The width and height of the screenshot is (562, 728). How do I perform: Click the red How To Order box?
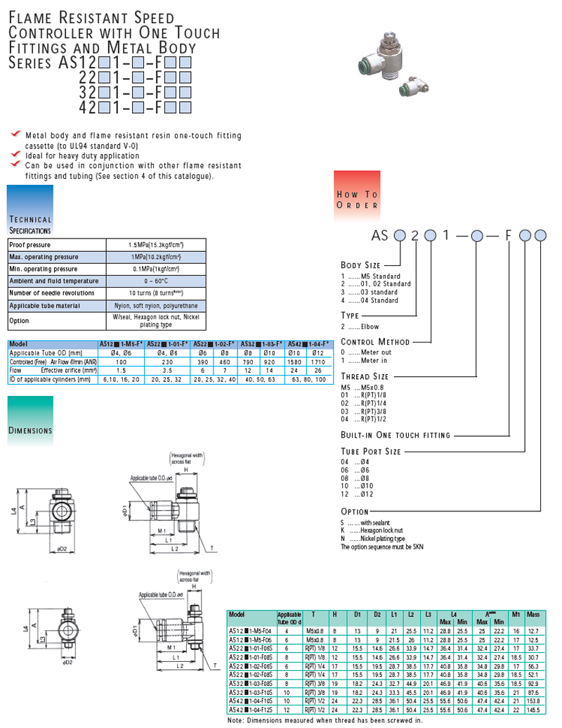[x=357, y=191]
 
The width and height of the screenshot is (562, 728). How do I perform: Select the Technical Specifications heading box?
[x=30, y=210]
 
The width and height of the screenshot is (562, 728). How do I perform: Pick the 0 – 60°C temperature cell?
[x=156, y=281]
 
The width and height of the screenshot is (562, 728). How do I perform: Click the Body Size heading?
[x=361, y=265]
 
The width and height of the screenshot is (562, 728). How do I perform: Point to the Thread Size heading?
[x=365, y=377]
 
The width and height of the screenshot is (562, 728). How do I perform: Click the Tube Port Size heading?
[x=371, y=451]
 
